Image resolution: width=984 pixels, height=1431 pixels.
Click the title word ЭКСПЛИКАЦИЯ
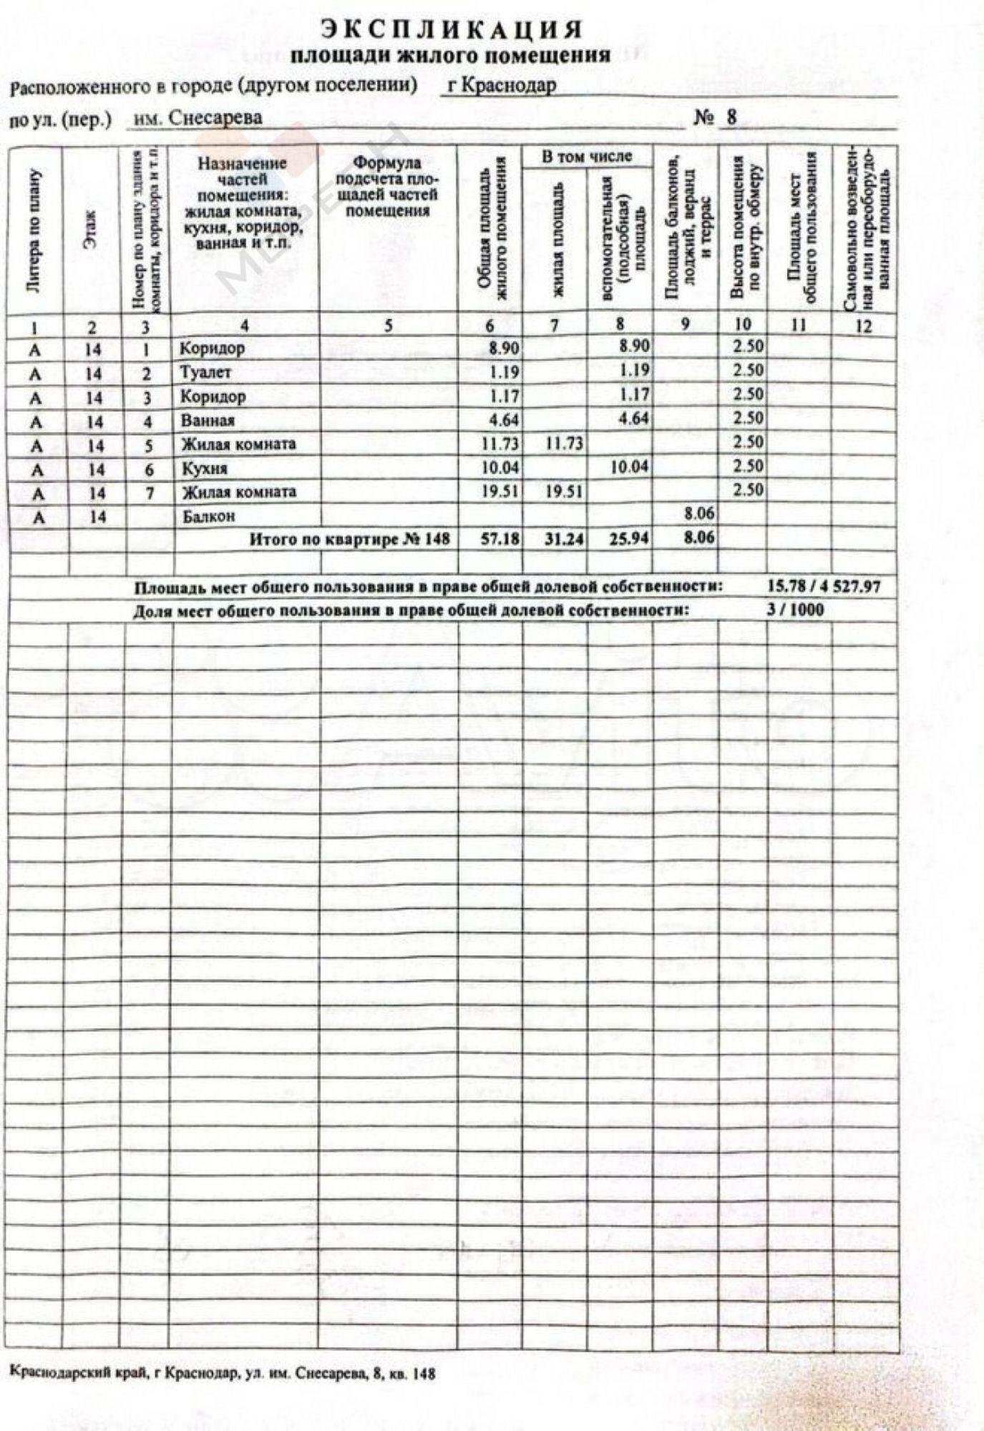[x=452, y=29]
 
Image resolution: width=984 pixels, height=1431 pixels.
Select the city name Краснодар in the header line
[x=501, y=86]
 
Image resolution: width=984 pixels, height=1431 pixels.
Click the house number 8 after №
[x=731, y=117]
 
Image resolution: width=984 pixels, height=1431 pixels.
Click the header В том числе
[x=587, y=157]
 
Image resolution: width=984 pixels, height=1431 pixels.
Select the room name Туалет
[x=205, y=373]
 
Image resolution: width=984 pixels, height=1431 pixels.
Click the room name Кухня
[x=205, y=469]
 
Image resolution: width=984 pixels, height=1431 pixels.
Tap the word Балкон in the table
[x=208, y=517]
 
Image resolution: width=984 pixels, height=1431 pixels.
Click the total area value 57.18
[x=500, y=539]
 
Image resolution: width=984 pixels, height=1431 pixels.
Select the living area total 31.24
[x=564, y=539]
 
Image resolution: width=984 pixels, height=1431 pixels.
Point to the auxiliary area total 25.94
[x=629, y=538]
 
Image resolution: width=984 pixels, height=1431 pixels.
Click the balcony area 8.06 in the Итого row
[x=698, y=537]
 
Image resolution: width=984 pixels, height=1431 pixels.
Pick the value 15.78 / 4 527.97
[x=823, y=587]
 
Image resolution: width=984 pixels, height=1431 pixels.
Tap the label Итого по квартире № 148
[x=349, y=539]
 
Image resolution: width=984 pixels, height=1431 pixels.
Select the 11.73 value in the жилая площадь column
[x=564, y=444]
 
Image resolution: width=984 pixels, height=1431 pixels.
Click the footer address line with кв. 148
[x=223, y=1374]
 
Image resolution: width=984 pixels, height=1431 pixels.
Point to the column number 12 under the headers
[x=864, y=326]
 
